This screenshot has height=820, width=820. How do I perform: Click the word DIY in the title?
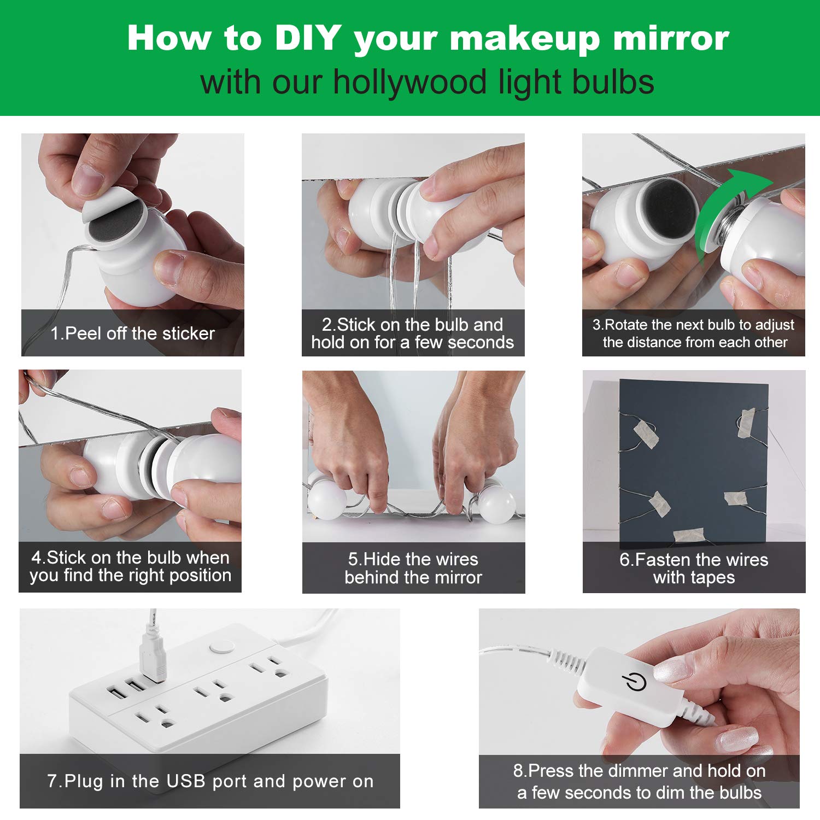(x=308, y=38)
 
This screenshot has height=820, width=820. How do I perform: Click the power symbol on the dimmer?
(x=634, y=682)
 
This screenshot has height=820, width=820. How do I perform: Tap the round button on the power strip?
(x=221, y=647)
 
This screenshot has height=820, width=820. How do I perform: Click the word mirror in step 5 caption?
(x=456, y=577)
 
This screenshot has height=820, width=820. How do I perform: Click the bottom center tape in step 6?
(x=688, y=535)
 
